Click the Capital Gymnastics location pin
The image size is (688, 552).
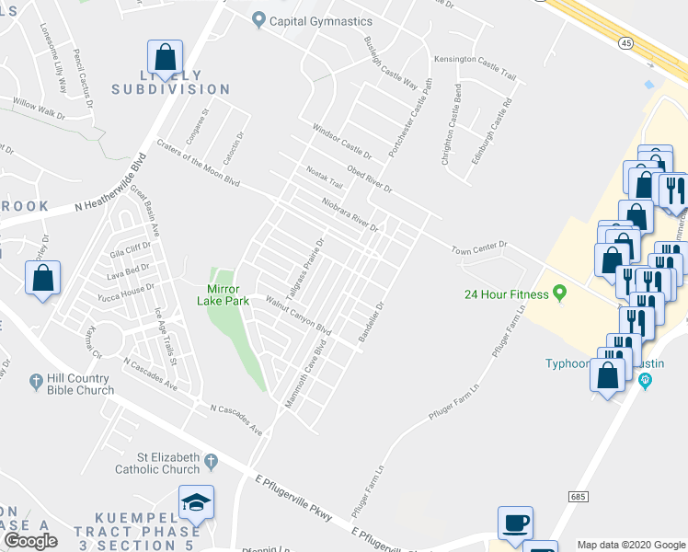point(259,20)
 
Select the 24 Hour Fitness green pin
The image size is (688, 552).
point(558,294)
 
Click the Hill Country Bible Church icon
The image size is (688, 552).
point(37,380)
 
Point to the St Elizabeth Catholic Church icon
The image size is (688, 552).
point(212,460)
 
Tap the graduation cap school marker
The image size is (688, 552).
point(195,502)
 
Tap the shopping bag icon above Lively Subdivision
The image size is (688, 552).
point(165,56)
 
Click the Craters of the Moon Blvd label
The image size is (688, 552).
point(198,163)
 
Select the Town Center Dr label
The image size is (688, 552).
point(479,247)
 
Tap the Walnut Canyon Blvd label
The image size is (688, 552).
point(298,315)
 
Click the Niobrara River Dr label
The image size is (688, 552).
point(350,213)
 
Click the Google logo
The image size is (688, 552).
point(30,541)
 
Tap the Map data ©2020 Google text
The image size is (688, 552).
point(631,545)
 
